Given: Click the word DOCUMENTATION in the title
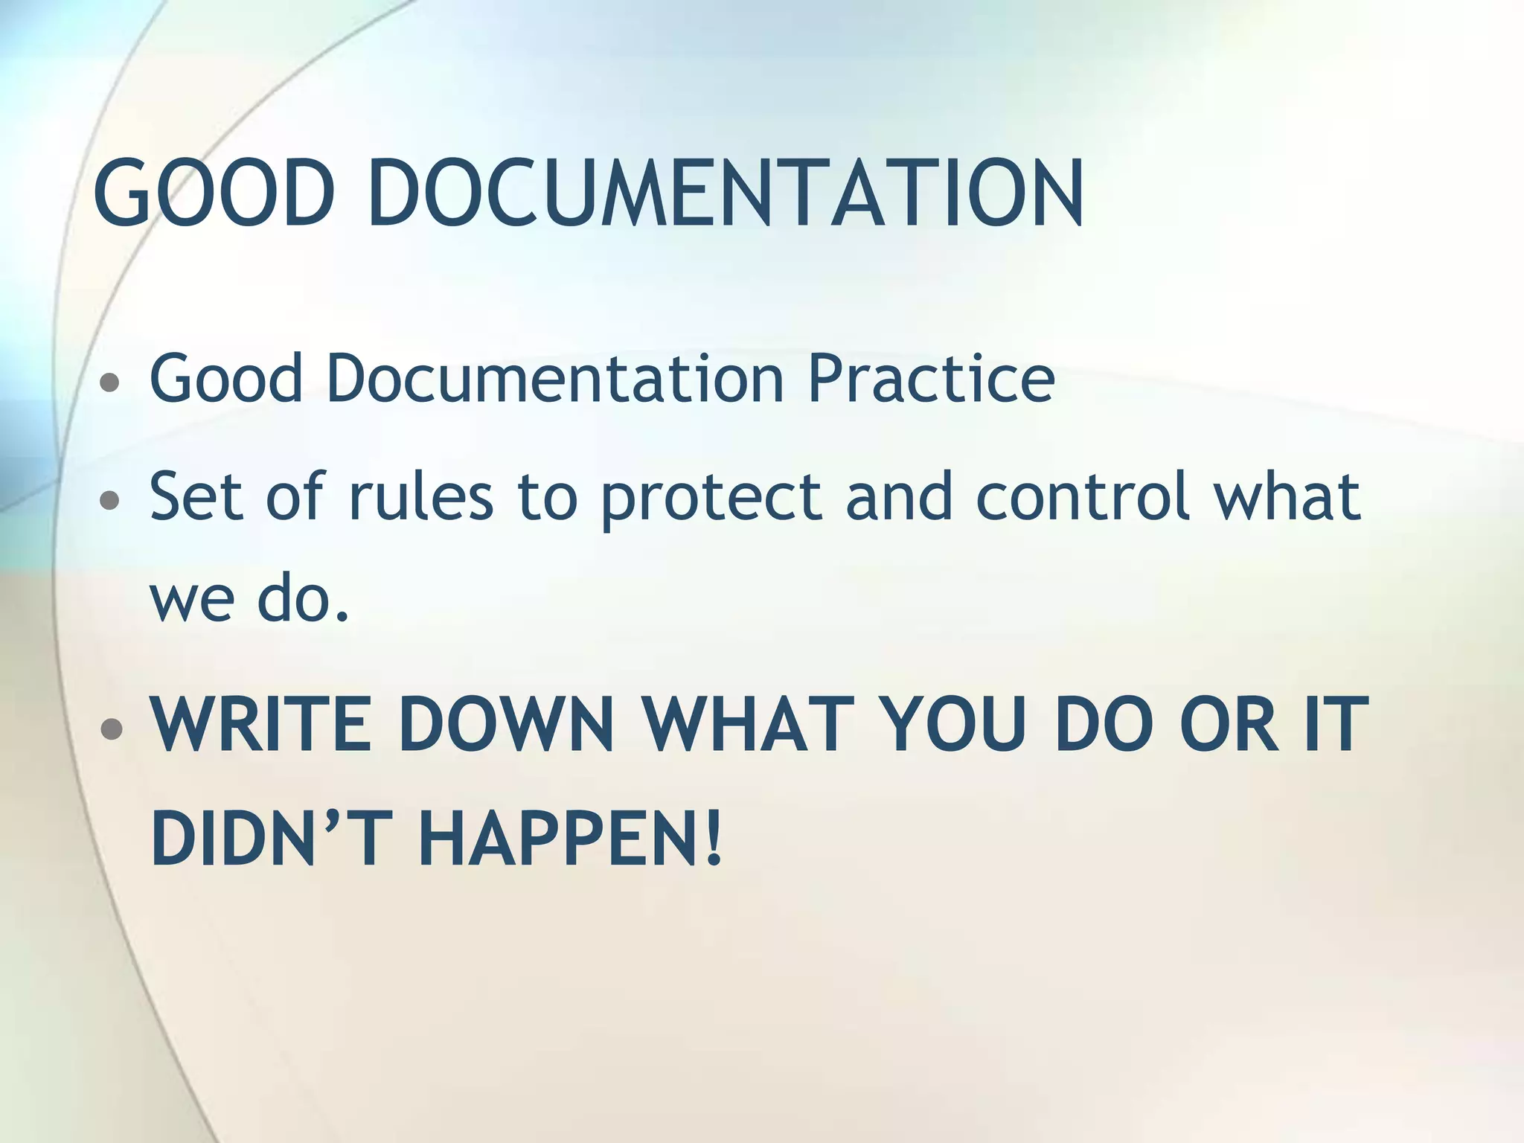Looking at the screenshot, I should tap(726, 193).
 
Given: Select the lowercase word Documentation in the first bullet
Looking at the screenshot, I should tap(555, 378).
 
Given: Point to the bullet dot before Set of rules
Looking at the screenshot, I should tap(110, 500).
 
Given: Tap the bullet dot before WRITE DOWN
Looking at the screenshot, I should tap(111, 729).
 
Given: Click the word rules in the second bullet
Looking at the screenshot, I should tap(420, 496).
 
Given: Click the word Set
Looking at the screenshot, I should tap(197, 496).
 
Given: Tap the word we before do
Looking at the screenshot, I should tap(192, 601).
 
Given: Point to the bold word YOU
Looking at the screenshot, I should tap(955, 724).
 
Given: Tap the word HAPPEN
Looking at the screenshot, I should tap(559, 839).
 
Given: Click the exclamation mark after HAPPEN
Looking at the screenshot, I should tap(714, 839).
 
